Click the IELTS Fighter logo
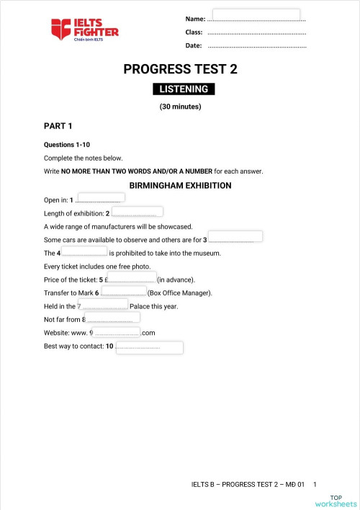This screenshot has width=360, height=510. tap(84, 30)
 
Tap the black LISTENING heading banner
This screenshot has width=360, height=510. tap(183, 89)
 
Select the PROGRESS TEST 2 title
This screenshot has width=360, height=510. tap(180, 70)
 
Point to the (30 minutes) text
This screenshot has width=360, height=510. tap(180, 107)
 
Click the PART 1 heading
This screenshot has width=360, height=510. tap(58, 126)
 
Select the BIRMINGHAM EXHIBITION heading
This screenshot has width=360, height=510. tap(180, 185)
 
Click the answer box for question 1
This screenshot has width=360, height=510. tap(101, 197)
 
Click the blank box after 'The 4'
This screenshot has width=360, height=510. tap(84, 251)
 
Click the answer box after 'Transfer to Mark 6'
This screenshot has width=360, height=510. tap(124, 291)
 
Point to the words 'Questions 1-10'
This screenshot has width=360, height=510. tap(67, 145)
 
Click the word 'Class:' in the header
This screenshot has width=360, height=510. tap(193, 32)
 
